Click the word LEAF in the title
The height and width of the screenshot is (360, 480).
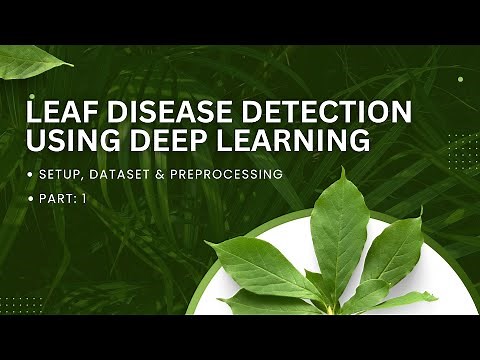tap(62, 110)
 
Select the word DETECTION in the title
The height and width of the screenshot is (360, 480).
tap(306, 110)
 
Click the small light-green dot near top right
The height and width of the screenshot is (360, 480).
tap(459, 79)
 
